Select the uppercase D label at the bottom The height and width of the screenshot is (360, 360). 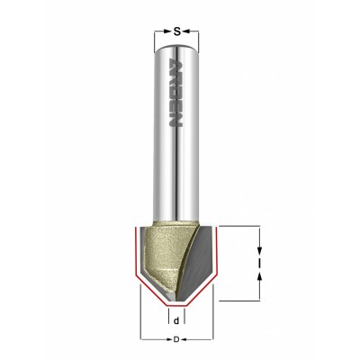pos(176,340)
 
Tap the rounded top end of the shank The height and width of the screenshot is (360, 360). pos(176,49)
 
